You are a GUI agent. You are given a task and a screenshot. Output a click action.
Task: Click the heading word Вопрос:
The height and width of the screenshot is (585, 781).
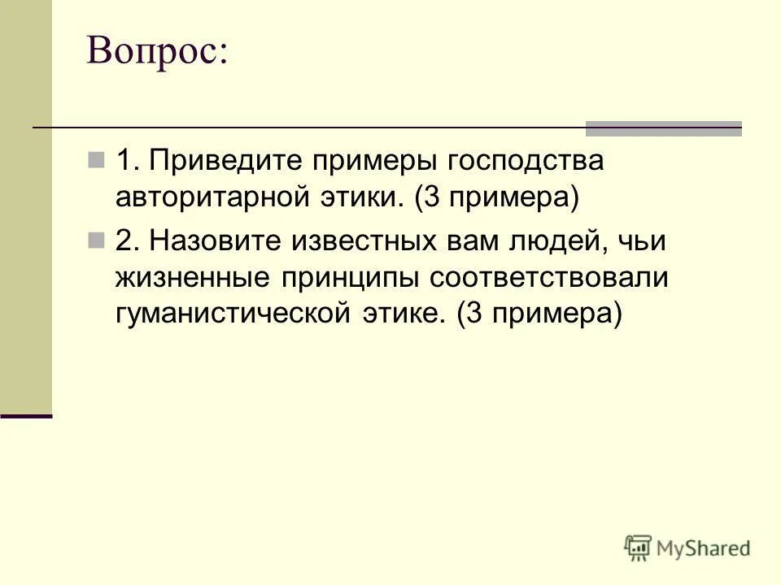(x=158, y=53)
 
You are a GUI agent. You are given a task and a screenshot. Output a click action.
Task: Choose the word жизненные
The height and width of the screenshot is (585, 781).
(x=192, y=278)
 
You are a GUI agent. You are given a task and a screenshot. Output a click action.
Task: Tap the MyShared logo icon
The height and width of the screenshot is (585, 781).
(x=638, y=548)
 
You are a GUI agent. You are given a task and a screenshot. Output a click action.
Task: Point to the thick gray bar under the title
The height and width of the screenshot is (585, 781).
(x=664, y=128)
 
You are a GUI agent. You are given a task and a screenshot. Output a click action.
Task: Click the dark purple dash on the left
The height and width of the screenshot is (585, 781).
(x=26, y=415)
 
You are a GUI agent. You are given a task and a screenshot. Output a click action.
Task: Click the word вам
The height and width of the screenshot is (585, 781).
(x=469, y=241)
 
